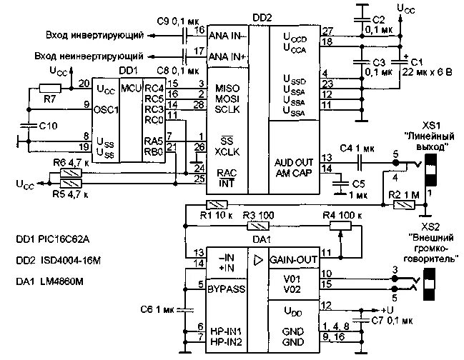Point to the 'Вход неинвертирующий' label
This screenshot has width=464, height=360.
tap(92, 56)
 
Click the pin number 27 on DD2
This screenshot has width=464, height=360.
tap(327, 31)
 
